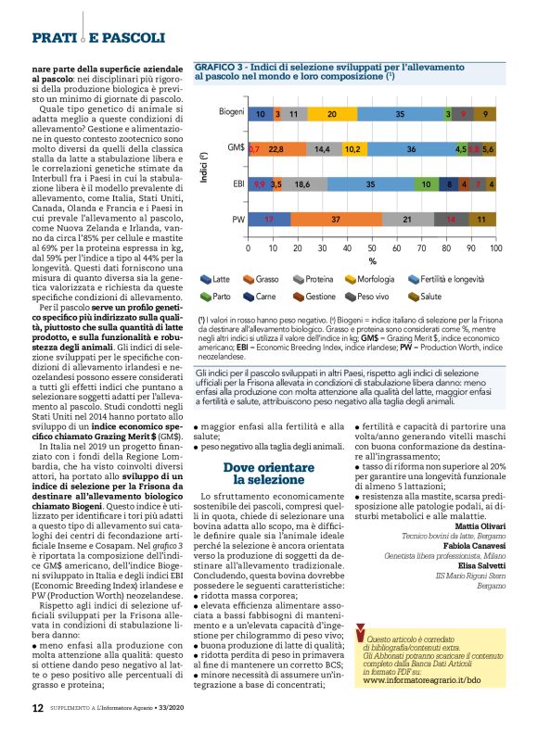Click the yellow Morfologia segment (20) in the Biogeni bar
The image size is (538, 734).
coord(332,113)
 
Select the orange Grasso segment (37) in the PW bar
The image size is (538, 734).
coord(335,220)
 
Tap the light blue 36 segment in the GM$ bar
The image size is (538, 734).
coord(410,148)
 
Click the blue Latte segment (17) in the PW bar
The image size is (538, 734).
coord(269,220)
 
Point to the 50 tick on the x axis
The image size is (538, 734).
coord(372,249)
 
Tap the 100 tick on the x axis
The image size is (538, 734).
coord(495,249)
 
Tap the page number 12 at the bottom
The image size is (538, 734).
coord(37,708)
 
